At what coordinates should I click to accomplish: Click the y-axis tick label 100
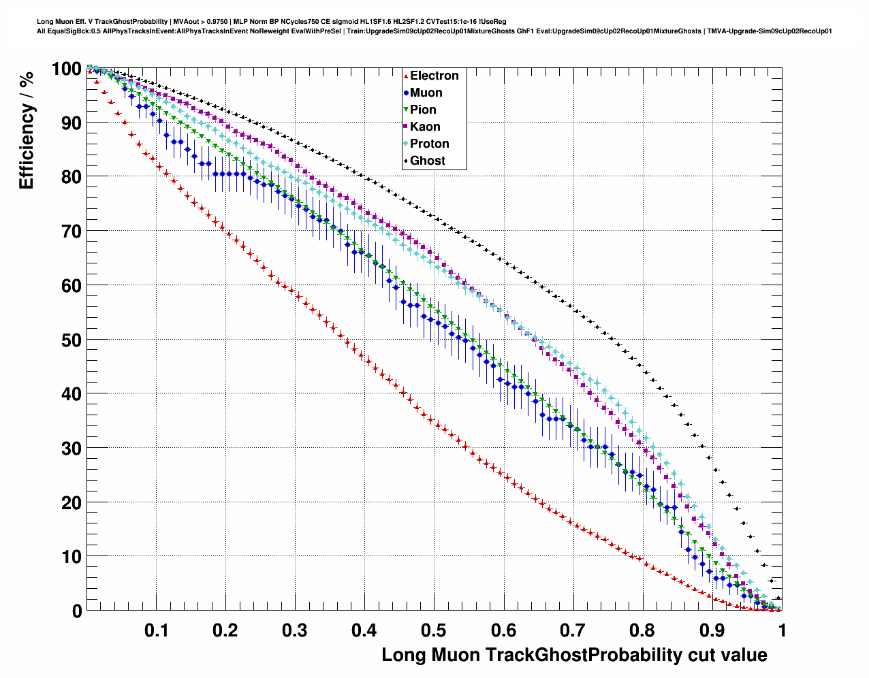(66, 69)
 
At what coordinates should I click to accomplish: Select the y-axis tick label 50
(71, 340)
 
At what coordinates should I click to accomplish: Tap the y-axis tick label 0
(76, 611)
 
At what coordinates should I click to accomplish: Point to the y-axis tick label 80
(71, 177)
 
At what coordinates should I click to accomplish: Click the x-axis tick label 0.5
(434, 630)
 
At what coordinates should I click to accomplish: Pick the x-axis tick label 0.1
(157, 630)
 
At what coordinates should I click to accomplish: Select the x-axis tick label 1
(782, 630)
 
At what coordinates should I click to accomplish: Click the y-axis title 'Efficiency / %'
(27, 129)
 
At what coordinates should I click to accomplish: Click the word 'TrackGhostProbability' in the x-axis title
(583, 655)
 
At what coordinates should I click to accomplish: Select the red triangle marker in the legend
(406, 76)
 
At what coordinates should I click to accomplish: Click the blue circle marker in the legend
(406, 93)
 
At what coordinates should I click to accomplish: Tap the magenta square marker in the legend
(406, 127)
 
